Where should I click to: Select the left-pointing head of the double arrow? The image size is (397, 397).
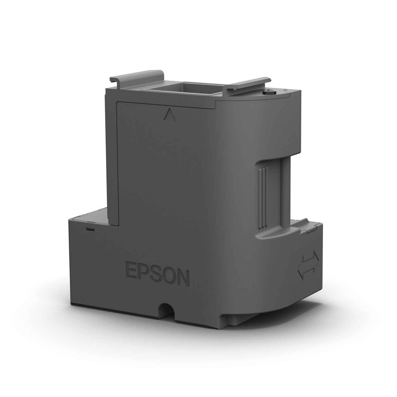pos(302,273)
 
